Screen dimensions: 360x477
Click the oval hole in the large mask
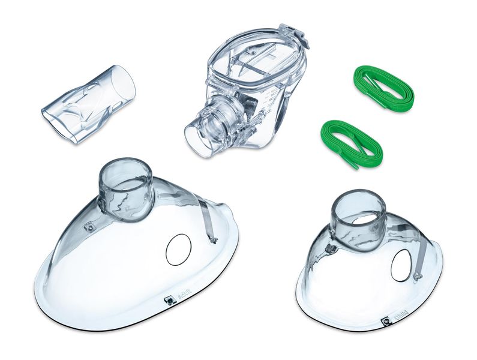click(x=178, y=250)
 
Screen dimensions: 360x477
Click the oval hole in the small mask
click(x=401, y=265)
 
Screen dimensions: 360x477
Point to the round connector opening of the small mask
click(x=358, y=208)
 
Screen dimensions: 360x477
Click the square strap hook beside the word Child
click(x=386, y=321)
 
